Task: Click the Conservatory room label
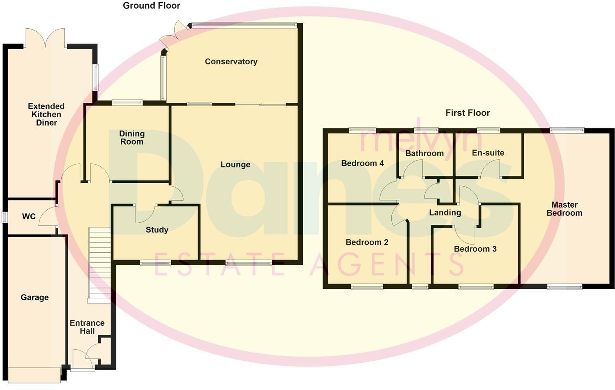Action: [x=231, y=62]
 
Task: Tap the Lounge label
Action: [x=235, y=165]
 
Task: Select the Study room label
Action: [x=157, y=230]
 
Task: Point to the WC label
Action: [x=29, y=216]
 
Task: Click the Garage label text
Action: [x=34, y=297]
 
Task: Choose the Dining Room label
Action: [x=132, y=138]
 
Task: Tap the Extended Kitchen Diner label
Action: [x=46, y=115]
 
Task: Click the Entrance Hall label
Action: [x=87, y=327]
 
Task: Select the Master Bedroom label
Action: [x=564, y=209]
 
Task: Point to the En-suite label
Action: [x=488, y=153]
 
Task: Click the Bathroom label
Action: [x=424, y=153]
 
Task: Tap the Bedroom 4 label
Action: [x=362, y=163]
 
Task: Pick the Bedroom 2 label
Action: [x=367, y=242]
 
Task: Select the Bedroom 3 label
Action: [x=475, y=249]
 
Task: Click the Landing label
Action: [x=445, y=212]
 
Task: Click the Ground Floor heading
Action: [x=151, y=6]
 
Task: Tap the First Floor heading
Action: [x=467, y=113]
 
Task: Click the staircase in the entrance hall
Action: [x=99, y=265]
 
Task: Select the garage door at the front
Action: [x=34, y=375]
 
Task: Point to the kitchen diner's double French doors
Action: [x=45, y=38]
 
